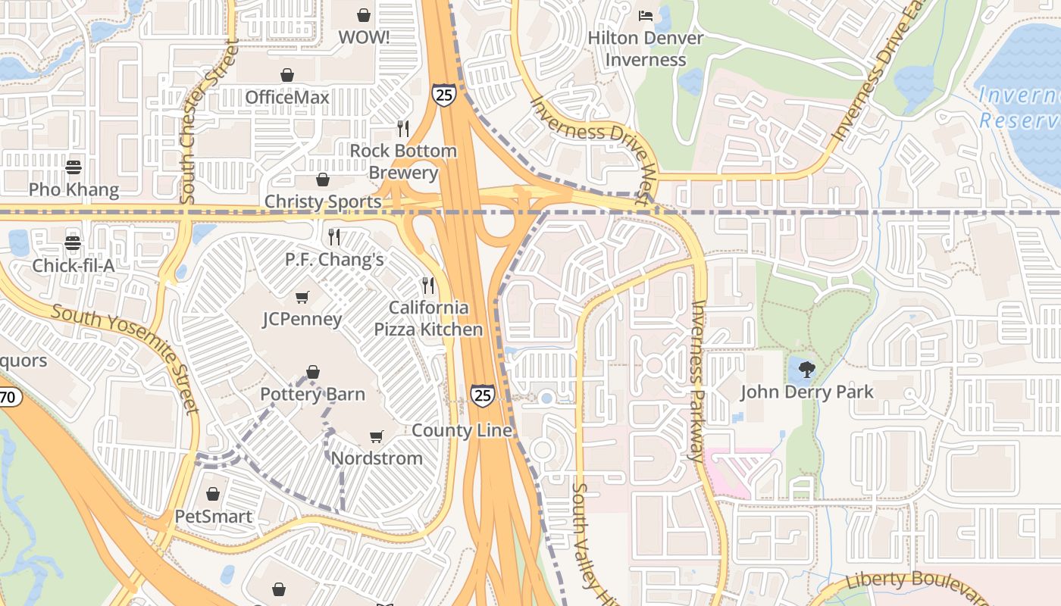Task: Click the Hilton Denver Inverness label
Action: pyautogui.click(x=646, y=48)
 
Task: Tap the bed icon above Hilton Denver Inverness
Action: pyautogui.click(x=646, y=15)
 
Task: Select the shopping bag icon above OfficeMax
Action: pyautogui.click(x=287, y=75)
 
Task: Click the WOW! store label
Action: pyautogui.click(x=364, y=37)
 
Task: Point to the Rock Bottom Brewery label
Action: pyautogui.click(x=403, y=161)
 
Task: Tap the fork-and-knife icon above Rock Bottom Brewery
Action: pyautogui.click(x=403, y=128)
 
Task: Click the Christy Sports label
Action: pyautogui.click(x=323, y=201)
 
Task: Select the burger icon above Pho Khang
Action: pyautogui.click(x=74, y=167)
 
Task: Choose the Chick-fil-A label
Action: pyautogui.click(x=74, y=266)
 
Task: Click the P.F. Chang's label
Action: pyautogui.click(x=334, y=259)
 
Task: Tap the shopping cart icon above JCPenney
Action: pyautogui.click(x=302, y=297)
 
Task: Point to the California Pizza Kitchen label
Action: pyautogui.click(x=428, y=318)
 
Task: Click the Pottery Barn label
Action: pyautogui.click(x=312, y=394)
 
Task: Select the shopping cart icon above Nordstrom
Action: pyautogui.click(x=377, y=436)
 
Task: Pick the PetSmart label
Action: pyautogui.click(x=213, y=516)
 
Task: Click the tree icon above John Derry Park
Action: pyautogui.click(x=806, y=370)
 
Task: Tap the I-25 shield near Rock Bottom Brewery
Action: pyautogui.click(x=445, y=95)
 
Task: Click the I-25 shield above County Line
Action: pyautogui.click(x=482, y=395)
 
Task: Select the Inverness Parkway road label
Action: pyautogui.click(x=698, y=381)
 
